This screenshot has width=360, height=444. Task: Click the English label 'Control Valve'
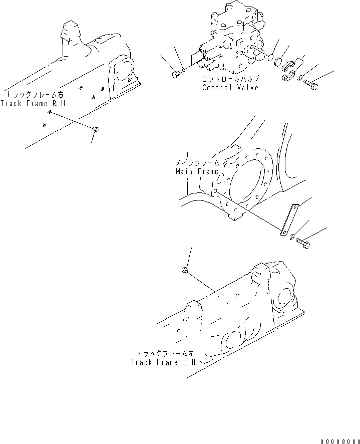point(230,88)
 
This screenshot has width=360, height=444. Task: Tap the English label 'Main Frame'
point(197,171)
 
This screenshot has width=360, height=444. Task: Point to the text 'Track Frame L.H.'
point(164,362)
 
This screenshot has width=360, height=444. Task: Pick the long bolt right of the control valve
point(310,84)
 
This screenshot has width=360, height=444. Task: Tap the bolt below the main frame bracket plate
point(302,243)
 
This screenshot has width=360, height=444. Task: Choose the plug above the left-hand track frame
point(184,271)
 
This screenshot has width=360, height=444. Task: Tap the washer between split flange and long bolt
point(299,78)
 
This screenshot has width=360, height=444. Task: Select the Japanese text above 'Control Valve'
point(230,80)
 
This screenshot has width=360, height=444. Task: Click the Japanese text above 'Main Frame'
point(197,163)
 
